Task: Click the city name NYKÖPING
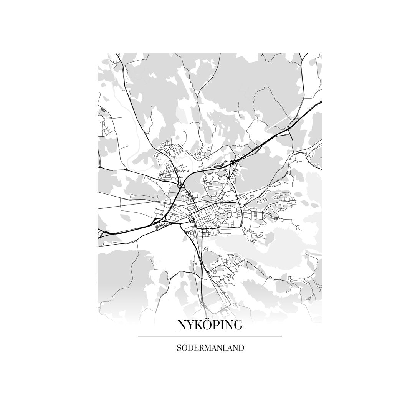coord(210,325)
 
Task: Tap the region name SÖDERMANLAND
coord(210,348)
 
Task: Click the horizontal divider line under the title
coord(210,336)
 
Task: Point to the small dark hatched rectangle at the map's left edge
coord(103,111)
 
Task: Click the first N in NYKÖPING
coord(182,325)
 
